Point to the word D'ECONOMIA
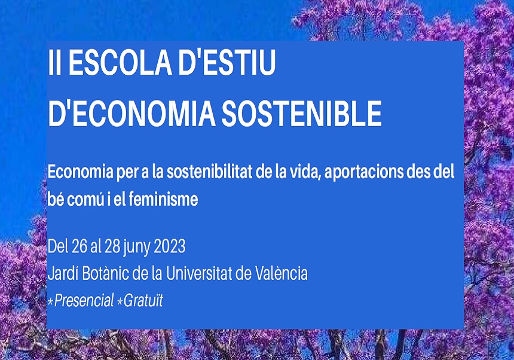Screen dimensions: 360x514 click(x=131, y=113)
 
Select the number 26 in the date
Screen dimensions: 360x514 click(x=79, y=246)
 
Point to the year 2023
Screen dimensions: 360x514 click(x=170, y=246)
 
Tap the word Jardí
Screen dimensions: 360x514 click(x=61, y=274)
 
